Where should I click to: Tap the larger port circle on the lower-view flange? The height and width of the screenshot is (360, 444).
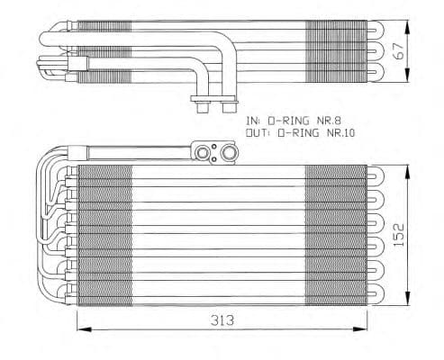coord(231,154)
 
